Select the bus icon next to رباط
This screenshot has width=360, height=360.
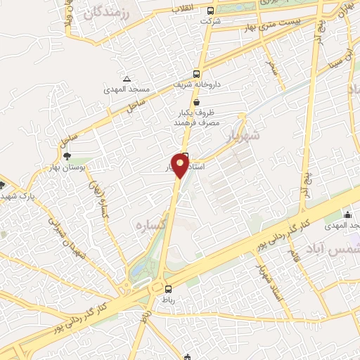[x=168, y=288]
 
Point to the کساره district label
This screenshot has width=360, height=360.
[x=149, y=224]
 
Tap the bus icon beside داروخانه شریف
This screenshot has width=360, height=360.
[x=196, y=73]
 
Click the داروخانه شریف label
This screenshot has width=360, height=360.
[x=198, y=84]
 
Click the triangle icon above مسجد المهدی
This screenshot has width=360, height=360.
[x=126, y=79]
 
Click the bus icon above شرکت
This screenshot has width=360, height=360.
[x=211, y=11]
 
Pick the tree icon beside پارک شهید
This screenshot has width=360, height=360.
[x=3, y=186]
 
